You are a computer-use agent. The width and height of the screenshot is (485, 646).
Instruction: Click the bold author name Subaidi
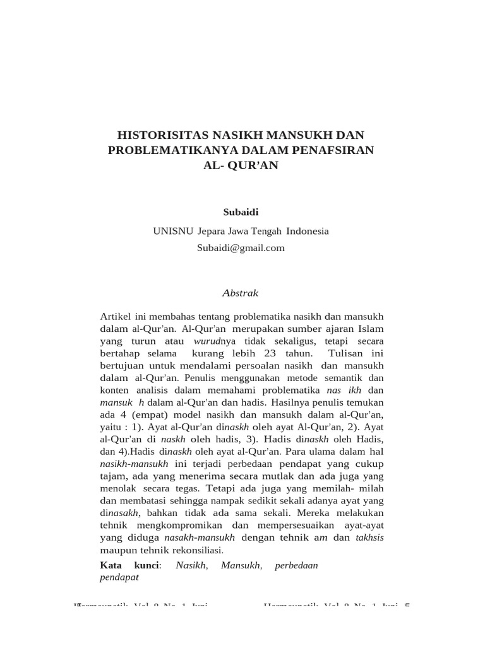[x=241, y=211]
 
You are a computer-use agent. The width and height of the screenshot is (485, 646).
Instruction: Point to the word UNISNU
[x=172, y=231]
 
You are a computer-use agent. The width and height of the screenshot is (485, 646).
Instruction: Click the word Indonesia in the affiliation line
[x=308, y=231]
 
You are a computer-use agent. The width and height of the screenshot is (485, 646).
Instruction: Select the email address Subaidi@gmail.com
[x=241, y=248]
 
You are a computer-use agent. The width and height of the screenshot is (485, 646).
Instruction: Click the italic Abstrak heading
[x=241, y=293]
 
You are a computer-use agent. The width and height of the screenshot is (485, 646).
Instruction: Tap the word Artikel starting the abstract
[x=116, y=316]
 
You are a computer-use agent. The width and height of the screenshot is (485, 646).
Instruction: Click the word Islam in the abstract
[x=371, y=329]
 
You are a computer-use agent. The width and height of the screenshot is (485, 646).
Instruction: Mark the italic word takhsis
[x=369, y=538]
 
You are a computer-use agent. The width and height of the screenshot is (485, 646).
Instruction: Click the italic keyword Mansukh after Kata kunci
[x=241, y=565]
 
